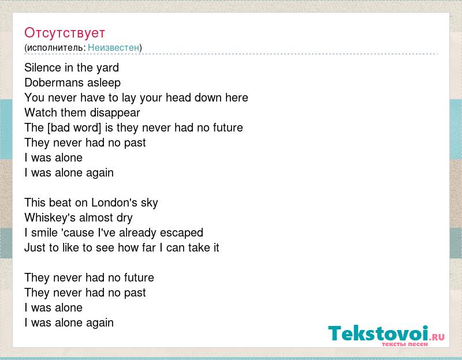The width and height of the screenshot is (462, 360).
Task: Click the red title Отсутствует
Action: point(65,33)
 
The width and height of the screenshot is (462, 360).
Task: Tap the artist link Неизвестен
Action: point(113,47)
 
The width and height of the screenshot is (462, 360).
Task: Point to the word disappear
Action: point(115,113)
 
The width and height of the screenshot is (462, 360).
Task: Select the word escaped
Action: point(181,233)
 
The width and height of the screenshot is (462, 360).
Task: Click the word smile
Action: point(44,232)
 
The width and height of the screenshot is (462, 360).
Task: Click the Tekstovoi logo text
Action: point(378,333)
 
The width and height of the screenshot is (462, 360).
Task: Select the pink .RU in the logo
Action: point(437,336)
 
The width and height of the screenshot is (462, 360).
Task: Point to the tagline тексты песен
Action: point(405,344)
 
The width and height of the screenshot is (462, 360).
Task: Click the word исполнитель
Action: point(55,47)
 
